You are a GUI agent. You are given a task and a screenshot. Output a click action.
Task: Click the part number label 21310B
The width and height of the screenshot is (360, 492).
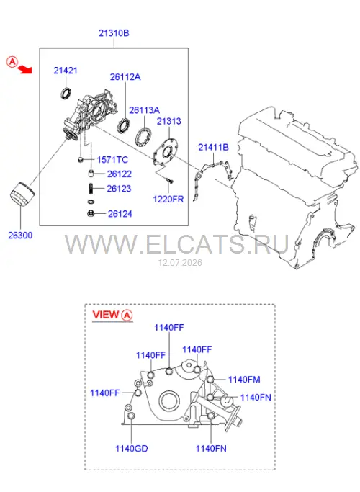(x=114, y=33)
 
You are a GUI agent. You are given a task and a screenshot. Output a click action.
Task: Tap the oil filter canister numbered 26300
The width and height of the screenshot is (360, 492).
(x=22, y=194)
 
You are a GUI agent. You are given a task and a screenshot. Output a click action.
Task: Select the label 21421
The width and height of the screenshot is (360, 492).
(x=66, y=71)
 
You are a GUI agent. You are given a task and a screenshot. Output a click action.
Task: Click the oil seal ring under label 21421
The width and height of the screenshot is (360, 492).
(x=66, y=94)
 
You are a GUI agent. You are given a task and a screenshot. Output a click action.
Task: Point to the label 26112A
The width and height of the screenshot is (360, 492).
(x=125, y=77)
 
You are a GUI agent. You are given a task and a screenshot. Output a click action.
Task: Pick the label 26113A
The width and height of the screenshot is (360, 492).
(x=144, y=110)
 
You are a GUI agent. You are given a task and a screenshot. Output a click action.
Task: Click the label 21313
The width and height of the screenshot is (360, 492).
(x=169, y=121)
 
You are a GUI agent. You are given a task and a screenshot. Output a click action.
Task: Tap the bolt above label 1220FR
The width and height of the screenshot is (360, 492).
(x=169, y=181)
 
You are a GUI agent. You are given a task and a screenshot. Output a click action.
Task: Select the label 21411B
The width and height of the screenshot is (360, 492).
(x=213, y=147)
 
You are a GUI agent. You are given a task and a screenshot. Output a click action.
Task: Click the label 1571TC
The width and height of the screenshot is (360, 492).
(x=112, y=160)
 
